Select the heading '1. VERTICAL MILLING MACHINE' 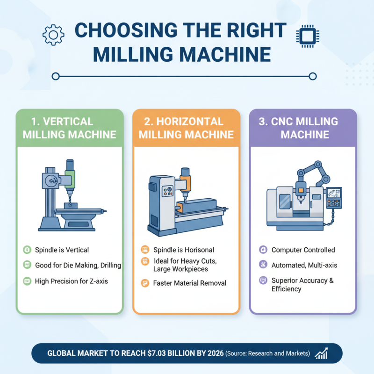click(69, 128)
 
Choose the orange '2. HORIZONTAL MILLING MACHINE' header click(186, 128)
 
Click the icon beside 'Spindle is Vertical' click(27, 250)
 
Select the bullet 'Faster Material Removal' click(189, 283)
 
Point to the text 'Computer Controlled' click(303, 250)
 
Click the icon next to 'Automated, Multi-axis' click(263, 265)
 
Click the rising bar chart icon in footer click(321, 353)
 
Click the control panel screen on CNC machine click(333, 193)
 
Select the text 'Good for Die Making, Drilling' click(78, 265)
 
